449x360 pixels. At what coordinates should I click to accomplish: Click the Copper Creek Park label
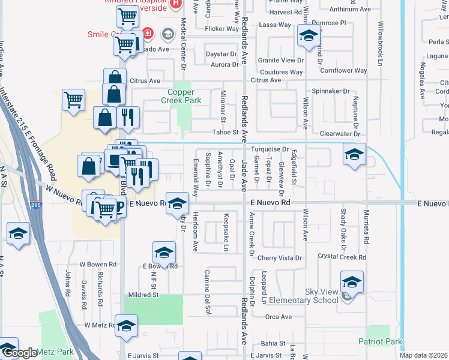(x=185, y=95)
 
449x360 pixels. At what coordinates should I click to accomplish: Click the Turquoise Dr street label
(x=270, y=149)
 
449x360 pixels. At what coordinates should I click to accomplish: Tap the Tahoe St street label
(x=226, y=133)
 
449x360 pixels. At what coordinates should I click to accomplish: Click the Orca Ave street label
(x=278, y=317)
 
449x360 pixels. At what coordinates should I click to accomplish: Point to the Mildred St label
(x=142, y=295)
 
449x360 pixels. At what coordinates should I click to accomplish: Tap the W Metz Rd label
(x=100, y=325)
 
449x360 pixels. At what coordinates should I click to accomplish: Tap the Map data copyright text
(x=423, y=355)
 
